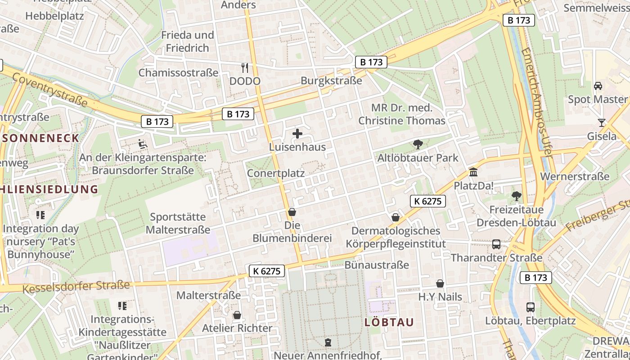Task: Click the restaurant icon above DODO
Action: [x=245, y=68]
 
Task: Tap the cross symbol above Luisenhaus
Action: [x=297, y=134]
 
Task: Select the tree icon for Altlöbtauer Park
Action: [x=418, y=144]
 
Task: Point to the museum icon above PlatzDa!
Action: [x=473, y=172]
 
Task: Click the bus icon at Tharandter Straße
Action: [x=496, y=244]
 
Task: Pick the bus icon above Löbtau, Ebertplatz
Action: [x=531, y=307]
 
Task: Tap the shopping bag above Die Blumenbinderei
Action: [x=292, y=212]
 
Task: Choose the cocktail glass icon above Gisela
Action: [x=602, y=122]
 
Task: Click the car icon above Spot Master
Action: [x=598, y=86]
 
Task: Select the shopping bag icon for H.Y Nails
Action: [x=440, y=283]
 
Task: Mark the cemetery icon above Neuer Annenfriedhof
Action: [x=328, y=342]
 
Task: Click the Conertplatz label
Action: [x=276, y=173]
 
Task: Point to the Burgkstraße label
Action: [x=331, y=81]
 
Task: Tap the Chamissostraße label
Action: [x=178, y=73]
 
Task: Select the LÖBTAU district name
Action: [x=389, y=322]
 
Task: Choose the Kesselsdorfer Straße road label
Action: [x=76, y=286]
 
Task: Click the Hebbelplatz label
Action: [x=55, y=16]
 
